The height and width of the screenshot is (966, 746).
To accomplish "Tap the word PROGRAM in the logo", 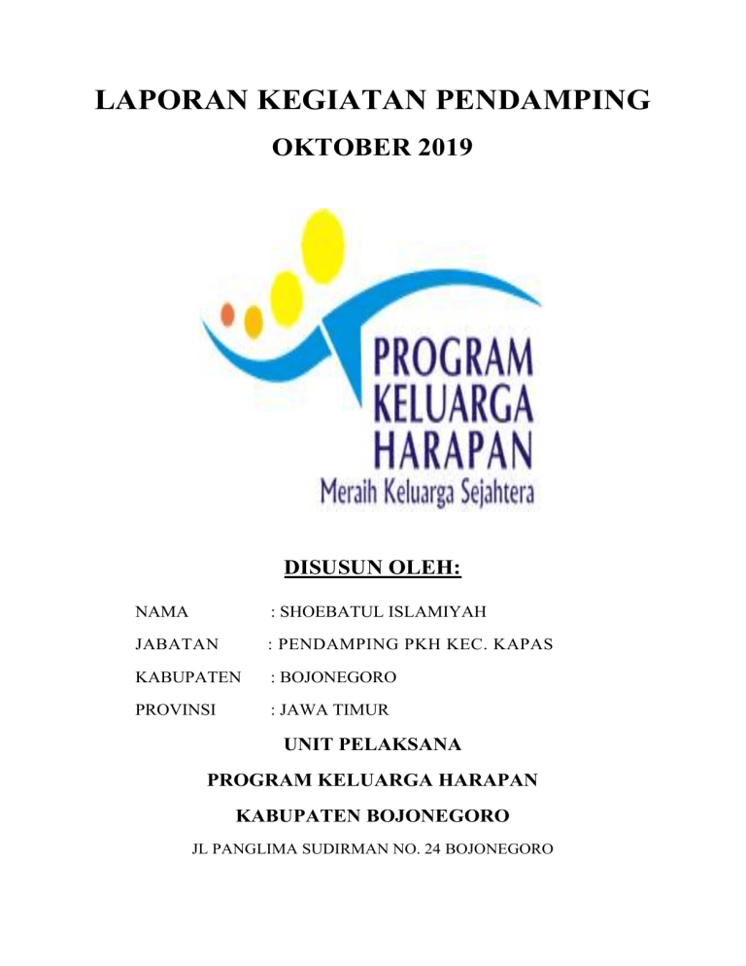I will coord(454,361).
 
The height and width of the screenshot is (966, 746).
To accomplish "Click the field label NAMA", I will coord(162,612).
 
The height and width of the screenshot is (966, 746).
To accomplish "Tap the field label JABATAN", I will coord(176,643).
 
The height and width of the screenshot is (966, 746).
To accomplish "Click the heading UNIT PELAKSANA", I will coord(372,746).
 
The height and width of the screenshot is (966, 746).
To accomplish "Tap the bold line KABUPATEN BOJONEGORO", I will coord(372,814).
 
